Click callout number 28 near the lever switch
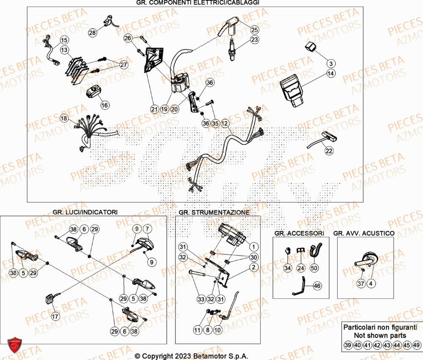(93, 33)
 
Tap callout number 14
(331, 63)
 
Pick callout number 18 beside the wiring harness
(64, 119)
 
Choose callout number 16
(104, 105)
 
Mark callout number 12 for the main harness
(225, 123)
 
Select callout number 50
(314, 268)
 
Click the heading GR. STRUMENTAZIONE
(214, 212)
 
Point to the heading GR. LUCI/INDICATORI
(85, 212)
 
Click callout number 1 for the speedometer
(253, 246)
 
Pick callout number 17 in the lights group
(55, 316)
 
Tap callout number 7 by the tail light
(147, 229)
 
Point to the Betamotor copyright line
(191, 356)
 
